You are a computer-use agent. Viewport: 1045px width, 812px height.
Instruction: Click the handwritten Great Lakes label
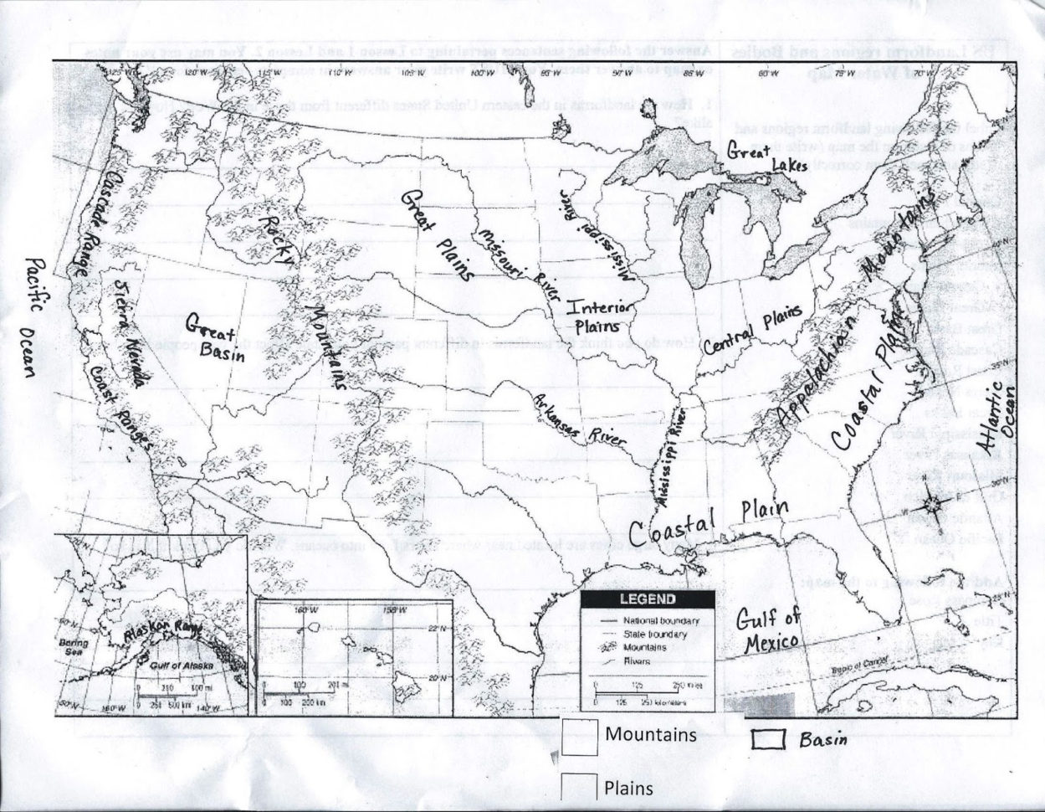pos(763,157)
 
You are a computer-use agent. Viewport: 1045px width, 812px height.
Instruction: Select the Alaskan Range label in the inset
pos(164,634)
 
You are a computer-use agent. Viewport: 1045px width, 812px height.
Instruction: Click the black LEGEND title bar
pos(647,599)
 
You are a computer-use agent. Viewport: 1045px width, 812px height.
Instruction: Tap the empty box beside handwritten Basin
pos(766,740)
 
